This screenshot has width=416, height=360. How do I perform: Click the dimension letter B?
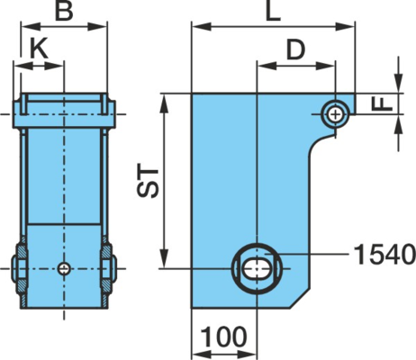point(64,12)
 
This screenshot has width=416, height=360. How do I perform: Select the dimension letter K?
point(40,49)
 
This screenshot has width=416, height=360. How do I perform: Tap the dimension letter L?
point(274,12)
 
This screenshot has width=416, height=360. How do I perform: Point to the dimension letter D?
point(295,49)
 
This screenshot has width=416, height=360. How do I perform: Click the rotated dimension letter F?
point(382,104)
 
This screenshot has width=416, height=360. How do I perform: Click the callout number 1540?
point(385,255)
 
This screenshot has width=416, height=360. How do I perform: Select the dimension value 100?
point(223,337)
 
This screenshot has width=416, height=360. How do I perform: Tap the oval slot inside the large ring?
point(256,268)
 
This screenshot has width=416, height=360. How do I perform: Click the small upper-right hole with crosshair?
point(335,114)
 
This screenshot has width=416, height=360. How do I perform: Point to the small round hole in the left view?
point(64,268)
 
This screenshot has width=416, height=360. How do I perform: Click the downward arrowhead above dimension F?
point(399,82)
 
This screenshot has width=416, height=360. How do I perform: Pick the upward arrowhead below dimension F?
point(399,125)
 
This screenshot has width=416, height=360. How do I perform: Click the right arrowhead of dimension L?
point(345,26)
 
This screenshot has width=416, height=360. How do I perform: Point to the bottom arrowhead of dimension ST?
point(165,258)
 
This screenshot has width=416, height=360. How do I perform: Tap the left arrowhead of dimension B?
point(31,26)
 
